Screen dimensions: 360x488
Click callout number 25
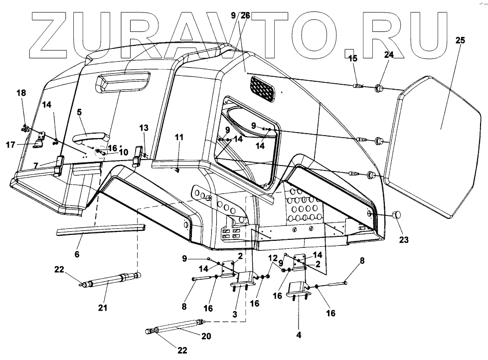point(460,40)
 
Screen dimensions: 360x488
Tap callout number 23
point(404,240)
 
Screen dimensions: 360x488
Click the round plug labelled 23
point(397,214)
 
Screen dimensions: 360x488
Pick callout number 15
point(353,59)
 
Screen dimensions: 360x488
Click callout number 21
point(103,308)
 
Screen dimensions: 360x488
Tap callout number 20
point(206,337)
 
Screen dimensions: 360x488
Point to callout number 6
point(77,254)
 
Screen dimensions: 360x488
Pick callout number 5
point(79,113)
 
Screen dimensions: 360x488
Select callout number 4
point(299,335)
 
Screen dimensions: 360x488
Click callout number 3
point(235,315)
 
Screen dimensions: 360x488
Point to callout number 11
point(179,136)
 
